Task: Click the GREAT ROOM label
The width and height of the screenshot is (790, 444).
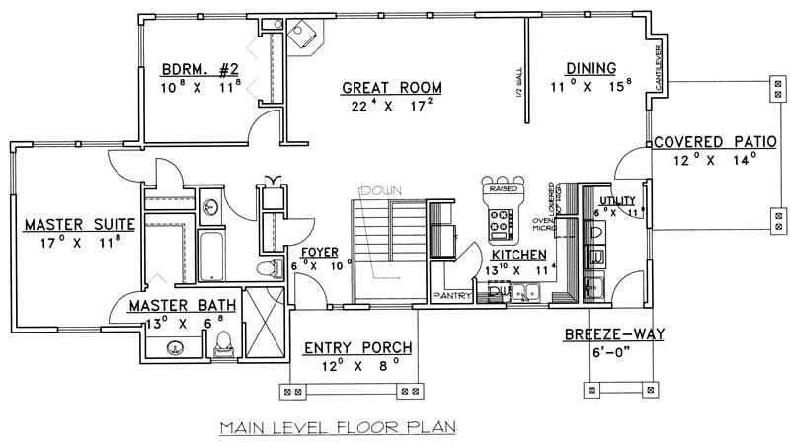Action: (x=391, y=88)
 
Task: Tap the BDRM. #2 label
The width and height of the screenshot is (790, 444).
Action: (x=201, y=70)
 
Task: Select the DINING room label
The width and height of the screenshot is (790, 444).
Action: (x=591, y=68)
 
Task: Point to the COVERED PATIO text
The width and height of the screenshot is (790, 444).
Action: (x=705, y=141)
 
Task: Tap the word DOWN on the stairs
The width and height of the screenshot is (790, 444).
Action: (x=376, y=189)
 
